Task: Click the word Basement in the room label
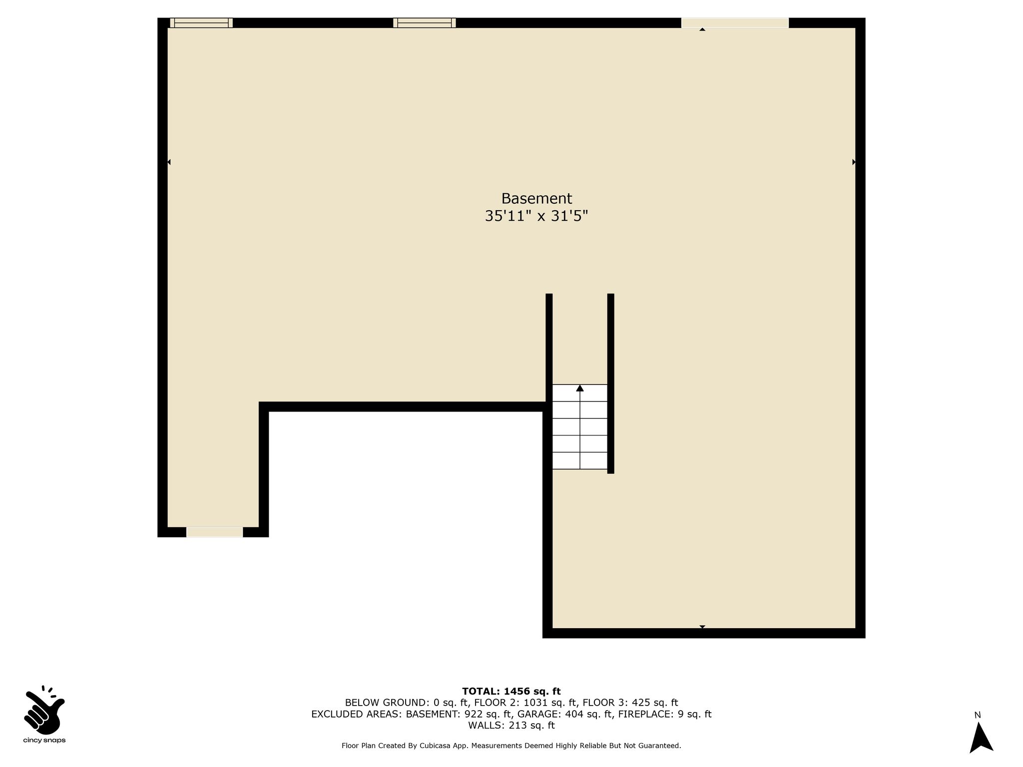[x=536, y=199]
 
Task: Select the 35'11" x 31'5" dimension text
[x=536, y=216]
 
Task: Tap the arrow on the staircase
[x=580, y=388]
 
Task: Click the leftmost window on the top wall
[x=201, y=23]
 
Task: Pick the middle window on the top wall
[x=425, y=23]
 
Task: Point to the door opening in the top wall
[x=735, y=23]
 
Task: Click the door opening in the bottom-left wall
[x=215, y=532]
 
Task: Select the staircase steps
[x=580, y=427]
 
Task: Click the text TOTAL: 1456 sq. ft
[x=511, y=692]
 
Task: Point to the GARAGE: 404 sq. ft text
[x=565, y=715]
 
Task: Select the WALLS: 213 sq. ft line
[x=511, y=726]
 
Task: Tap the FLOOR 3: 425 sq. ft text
[x=630, y=703]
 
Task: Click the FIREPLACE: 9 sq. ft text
[x=665, y=715]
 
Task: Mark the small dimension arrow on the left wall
[x=169, y=162]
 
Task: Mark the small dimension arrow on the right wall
[x=854, y=162]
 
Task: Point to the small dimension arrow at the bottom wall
[x=702, y=627]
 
